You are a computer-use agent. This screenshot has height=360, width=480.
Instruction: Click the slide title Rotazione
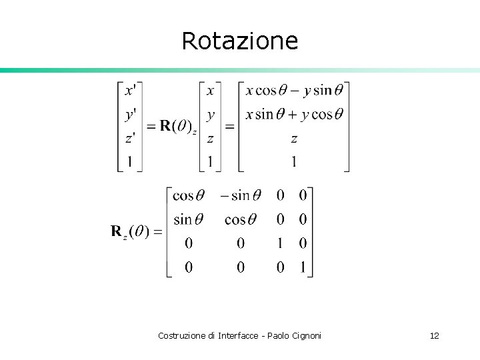[239, 41]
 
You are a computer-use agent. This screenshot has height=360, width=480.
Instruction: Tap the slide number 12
[435, 335]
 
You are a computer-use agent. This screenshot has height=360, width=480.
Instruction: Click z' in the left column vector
[131, 139]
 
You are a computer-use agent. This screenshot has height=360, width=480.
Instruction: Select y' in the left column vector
[131, 115]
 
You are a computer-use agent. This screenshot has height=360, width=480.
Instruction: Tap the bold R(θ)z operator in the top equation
[175, 127]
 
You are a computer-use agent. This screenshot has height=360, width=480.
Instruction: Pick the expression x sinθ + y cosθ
[294, 114]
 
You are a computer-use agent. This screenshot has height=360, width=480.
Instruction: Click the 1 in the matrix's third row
[281, 243]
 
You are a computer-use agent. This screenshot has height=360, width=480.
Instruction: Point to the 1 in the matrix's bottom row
[303, 267]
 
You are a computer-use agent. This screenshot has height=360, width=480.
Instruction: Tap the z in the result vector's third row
[294, 139]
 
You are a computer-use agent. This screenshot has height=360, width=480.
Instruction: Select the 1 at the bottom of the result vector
[294, 162]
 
